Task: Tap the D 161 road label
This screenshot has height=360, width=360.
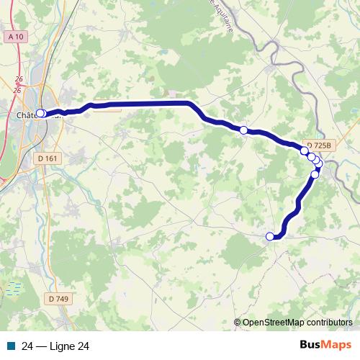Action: [x=48, y=158]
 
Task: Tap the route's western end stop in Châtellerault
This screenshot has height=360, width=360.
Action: [x=41, y=113]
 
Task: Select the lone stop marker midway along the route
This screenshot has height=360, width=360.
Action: [x=244, y=130]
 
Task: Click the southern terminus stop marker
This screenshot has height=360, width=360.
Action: [x=270, y=236]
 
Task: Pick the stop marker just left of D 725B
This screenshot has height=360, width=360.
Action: [x=304, y=150]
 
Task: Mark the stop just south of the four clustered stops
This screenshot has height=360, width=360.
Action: [x=315, y=174]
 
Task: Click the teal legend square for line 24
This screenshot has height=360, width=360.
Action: [x=12, y=346]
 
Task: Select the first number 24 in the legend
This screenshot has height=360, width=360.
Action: [x=28, y=346]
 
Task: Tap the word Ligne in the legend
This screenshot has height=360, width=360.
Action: [x=62, y=346]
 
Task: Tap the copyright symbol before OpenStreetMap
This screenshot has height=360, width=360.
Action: [x=237, y=323]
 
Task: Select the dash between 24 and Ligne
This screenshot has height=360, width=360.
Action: [x=41, y=346]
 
